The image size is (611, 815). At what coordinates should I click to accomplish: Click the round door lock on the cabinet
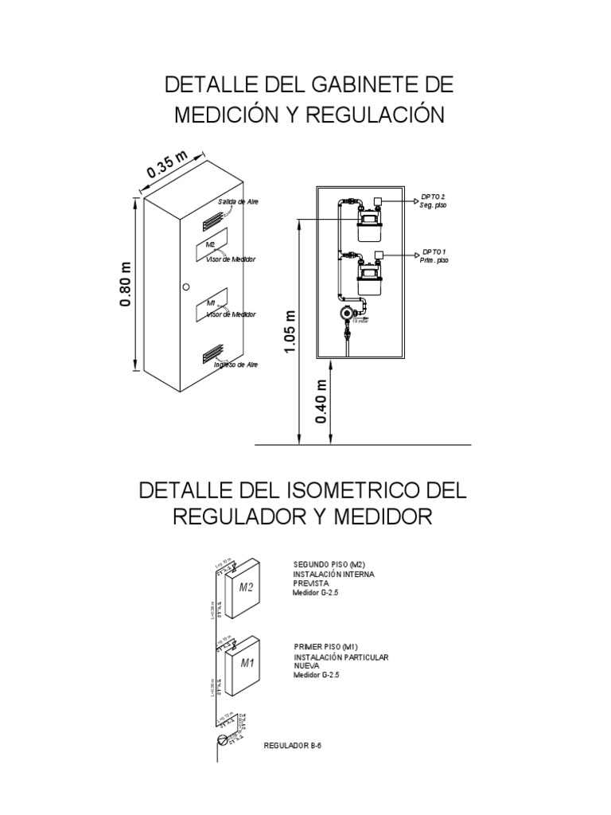point(185,287)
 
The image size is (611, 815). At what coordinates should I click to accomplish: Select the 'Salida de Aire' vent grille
point(212,214)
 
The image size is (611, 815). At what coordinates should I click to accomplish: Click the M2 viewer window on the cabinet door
point(212,246)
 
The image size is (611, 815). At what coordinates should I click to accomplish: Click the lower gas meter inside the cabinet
point(368,280)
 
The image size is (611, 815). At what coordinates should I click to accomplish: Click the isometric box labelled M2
point(246,588)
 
